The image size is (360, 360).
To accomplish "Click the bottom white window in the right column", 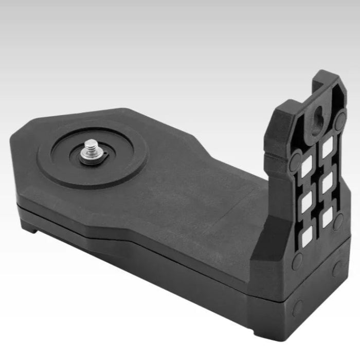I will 326,218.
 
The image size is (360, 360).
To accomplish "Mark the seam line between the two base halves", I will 154,247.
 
